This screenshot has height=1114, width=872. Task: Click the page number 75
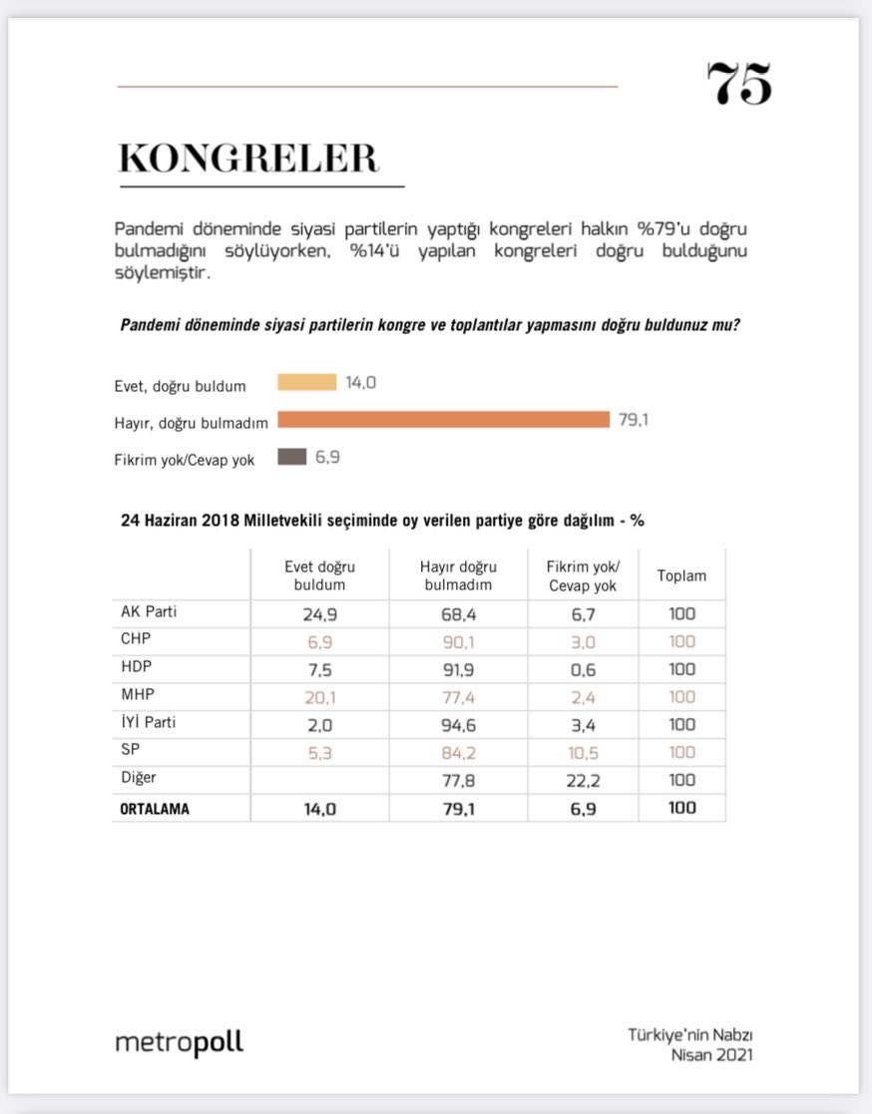739,85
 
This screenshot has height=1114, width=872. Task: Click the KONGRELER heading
248,160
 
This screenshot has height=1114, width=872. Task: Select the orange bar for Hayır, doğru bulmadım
443,419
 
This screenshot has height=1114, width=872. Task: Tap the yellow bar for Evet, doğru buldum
306,382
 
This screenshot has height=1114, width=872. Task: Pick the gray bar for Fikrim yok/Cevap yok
292,457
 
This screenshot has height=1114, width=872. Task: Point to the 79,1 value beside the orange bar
634,420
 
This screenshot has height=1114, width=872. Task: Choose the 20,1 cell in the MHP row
319,697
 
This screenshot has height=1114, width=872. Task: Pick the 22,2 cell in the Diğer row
583,781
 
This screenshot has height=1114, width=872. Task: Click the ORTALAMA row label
155,809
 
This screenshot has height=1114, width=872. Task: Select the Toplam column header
681,575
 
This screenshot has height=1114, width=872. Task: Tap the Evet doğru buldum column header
319,575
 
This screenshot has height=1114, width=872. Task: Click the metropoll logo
180,1043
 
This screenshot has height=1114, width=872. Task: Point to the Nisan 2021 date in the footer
710,1055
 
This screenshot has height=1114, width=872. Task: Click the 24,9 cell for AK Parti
319,613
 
